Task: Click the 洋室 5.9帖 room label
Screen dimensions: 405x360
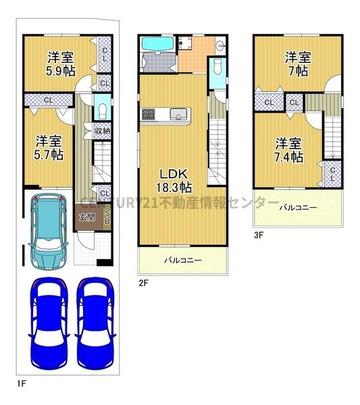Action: coord(61,63)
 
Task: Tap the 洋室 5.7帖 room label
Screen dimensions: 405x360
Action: coord(50,148)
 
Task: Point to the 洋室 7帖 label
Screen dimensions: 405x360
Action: coord(297,63)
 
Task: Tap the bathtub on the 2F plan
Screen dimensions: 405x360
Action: coord(159,47)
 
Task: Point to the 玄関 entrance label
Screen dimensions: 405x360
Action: coord(86,217)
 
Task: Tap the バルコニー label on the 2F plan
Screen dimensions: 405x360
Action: coord(183,260)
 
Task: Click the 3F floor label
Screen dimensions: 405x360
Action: coord(258,236)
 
